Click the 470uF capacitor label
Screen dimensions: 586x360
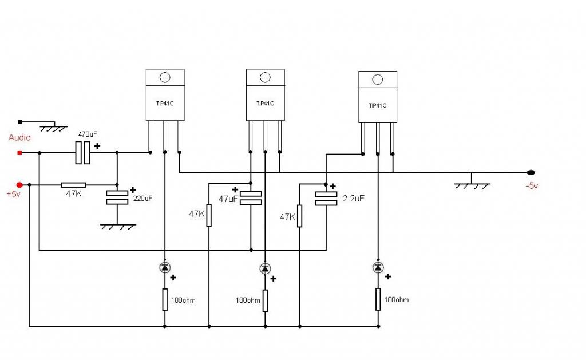(x=88, y=134)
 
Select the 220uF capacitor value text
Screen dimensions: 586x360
(x=142, y=199)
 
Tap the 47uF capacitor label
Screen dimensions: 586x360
(x=228, y=199)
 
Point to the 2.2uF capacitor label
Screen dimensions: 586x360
(x=353, y=199)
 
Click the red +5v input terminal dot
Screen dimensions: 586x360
(x=19, y=185)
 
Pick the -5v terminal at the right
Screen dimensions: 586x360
(x=530, y=172)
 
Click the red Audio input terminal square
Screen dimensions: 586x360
(x=20, y=152)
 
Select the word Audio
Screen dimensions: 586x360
(x=19, y=137)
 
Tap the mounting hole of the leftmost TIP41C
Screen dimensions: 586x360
(x=165, y=77)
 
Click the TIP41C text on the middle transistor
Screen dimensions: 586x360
(x=265, y=104)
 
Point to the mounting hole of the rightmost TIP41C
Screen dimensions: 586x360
(x=378, y=80)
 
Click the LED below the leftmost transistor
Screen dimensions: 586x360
(x=165, y=267)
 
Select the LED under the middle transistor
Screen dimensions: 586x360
(x=265, y=268)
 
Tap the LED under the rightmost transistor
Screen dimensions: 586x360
(x=378, y=267)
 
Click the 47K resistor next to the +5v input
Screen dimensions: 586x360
(x=73, y=185)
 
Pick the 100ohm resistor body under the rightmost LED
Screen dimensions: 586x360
(x=378, y=299)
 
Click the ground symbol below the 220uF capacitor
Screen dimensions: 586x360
(x=118, y=227)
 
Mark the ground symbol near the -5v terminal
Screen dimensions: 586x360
(x=472, y=185)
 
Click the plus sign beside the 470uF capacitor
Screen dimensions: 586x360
(x=97, y=146)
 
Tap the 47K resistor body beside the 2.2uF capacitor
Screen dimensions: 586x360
(x=299, y=216)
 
